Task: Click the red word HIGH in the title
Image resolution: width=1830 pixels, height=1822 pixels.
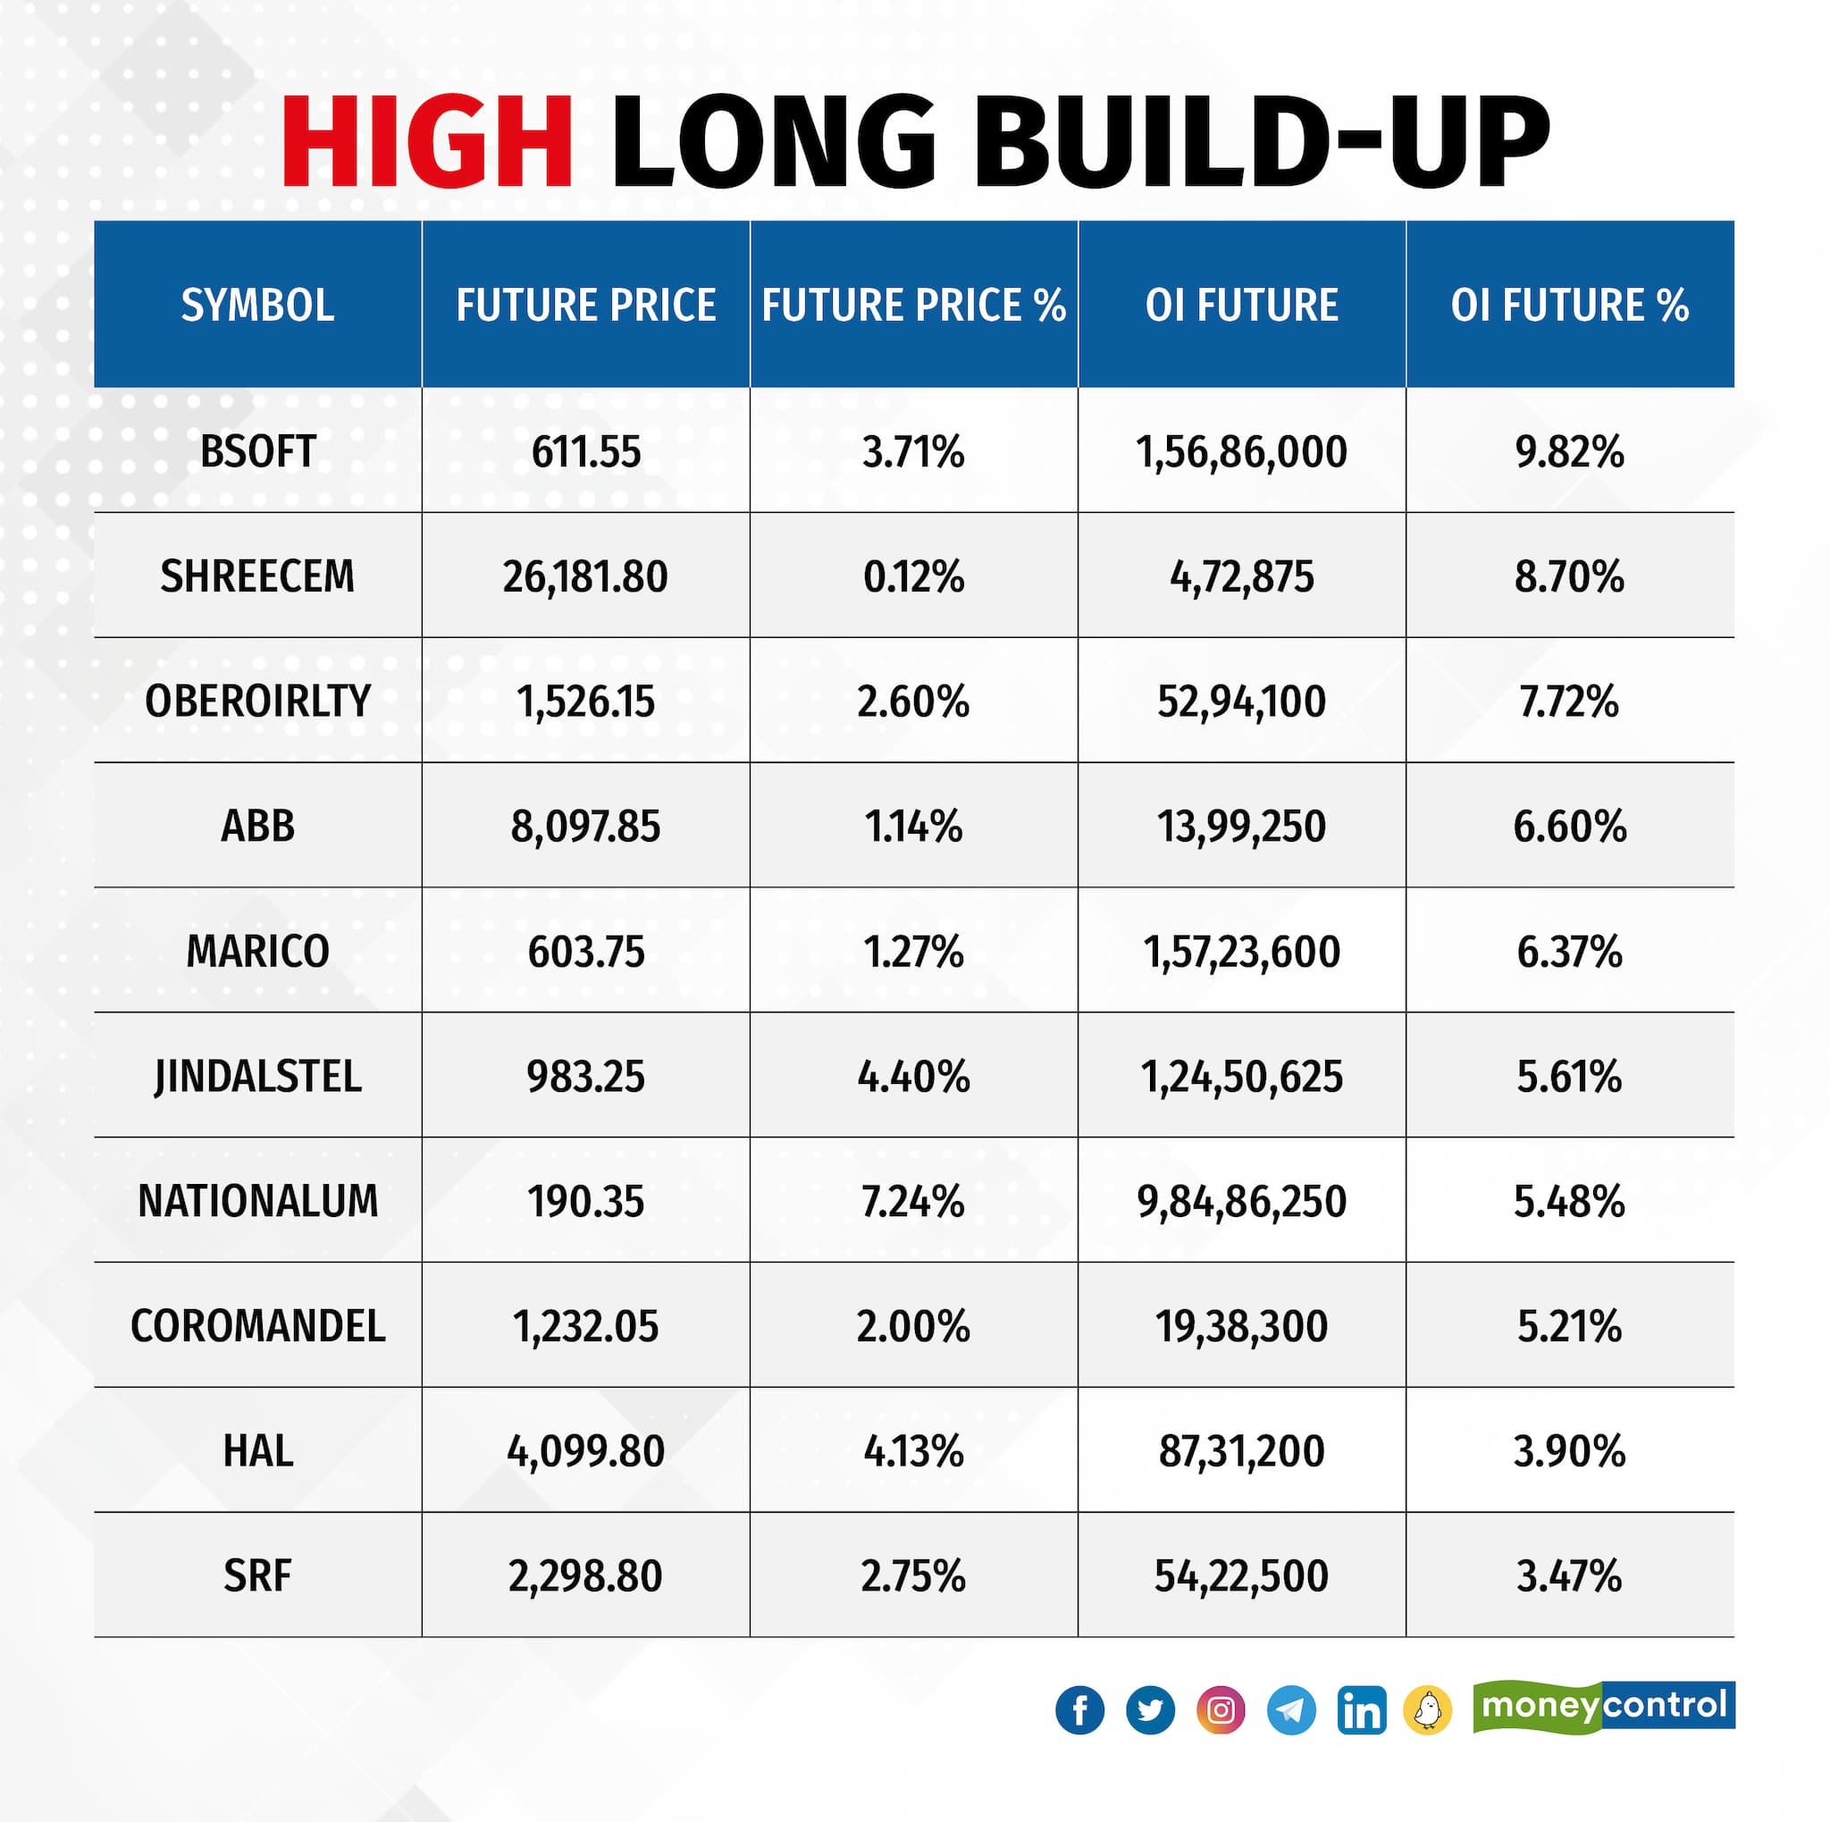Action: point(426,142)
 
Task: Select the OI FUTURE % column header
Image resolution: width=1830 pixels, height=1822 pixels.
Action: point(1569,305)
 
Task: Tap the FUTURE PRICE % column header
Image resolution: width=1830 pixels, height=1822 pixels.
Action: point(913,305)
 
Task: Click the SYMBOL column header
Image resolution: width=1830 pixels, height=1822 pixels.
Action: point(257,305)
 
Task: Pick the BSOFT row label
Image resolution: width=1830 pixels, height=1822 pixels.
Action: point(257,452)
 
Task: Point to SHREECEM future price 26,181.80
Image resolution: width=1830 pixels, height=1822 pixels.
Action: point(585,576)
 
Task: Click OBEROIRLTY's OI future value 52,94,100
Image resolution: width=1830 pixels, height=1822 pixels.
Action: point(1241,701)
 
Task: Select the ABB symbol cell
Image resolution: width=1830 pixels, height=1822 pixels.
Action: point(257,827)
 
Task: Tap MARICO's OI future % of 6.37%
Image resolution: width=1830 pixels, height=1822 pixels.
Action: point(1569,952)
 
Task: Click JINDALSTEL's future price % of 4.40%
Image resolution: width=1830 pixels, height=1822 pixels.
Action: point(913,1077)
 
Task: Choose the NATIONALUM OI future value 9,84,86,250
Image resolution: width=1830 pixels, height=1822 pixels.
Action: point(1241,1202)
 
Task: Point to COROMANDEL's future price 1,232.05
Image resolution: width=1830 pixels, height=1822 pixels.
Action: point(585,1327)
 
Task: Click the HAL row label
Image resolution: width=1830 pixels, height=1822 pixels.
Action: point(257,1451)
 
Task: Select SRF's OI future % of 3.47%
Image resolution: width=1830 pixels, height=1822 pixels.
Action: point(1569,1575)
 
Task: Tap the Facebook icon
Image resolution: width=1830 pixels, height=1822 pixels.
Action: point(1079,1710)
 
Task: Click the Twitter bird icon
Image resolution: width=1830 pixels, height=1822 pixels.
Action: point(1150,1710)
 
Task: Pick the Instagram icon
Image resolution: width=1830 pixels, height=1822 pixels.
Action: point(1220,1710)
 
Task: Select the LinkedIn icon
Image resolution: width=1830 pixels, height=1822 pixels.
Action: point(1361,1710)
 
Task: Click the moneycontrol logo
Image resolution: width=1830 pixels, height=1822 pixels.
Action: point(1604,1707)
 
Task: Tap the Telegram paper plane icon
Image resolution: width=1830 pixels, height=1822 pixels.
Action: point(1291,1710)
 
